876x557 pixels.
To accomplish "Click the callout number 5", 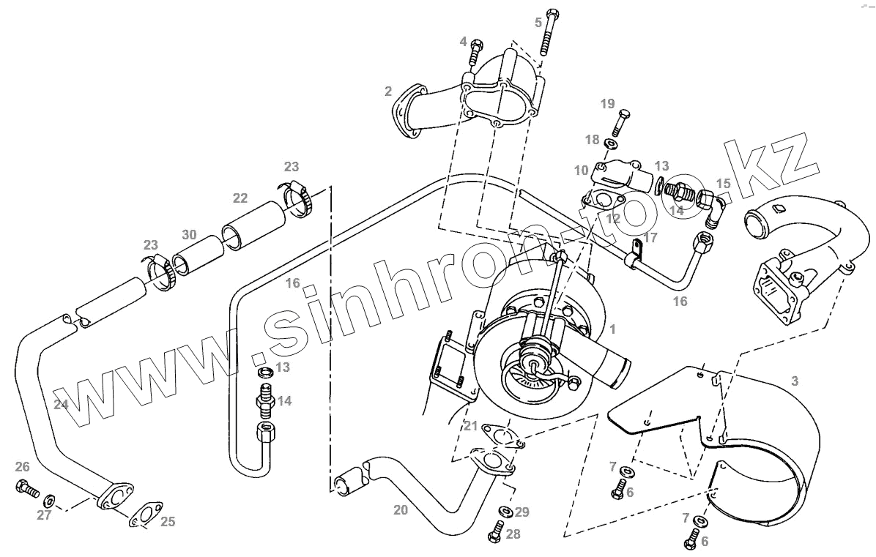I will click(x=538, y=22).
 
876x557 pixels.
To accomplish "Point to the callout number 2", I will click(x=388, y=91).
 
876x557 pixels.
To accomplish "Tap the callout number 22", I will click(x=240, y=198).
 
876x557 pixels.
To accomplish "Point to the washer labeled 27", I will click(x=50, y=501).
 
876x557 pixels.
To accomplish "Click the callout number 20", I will click(x=400, y=510).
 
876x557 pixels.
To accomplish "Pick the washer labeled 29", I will click(x=505, y=510).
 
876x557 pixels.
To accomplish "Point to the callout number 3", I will click(x=795, y=381).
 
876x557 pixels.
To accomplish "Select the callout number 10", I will click(x=582, y=171).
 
